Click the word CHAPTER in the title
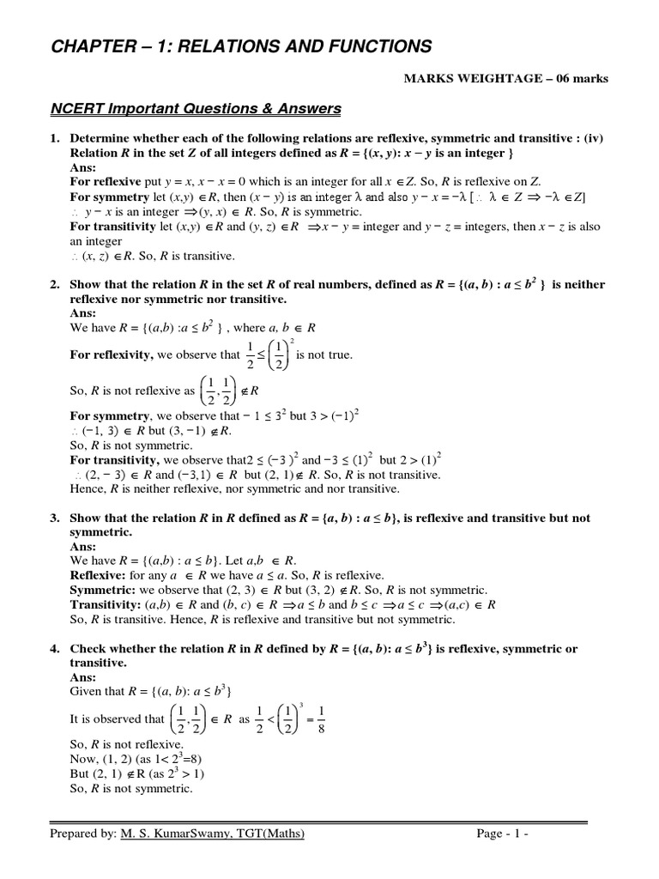pyautogui.click(x=93, y=45)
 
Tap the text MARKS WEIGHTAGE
pyautogui.click(x=475, y=79)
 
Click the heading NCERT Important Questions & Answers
pyautogui.click(x=194, y=109)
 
